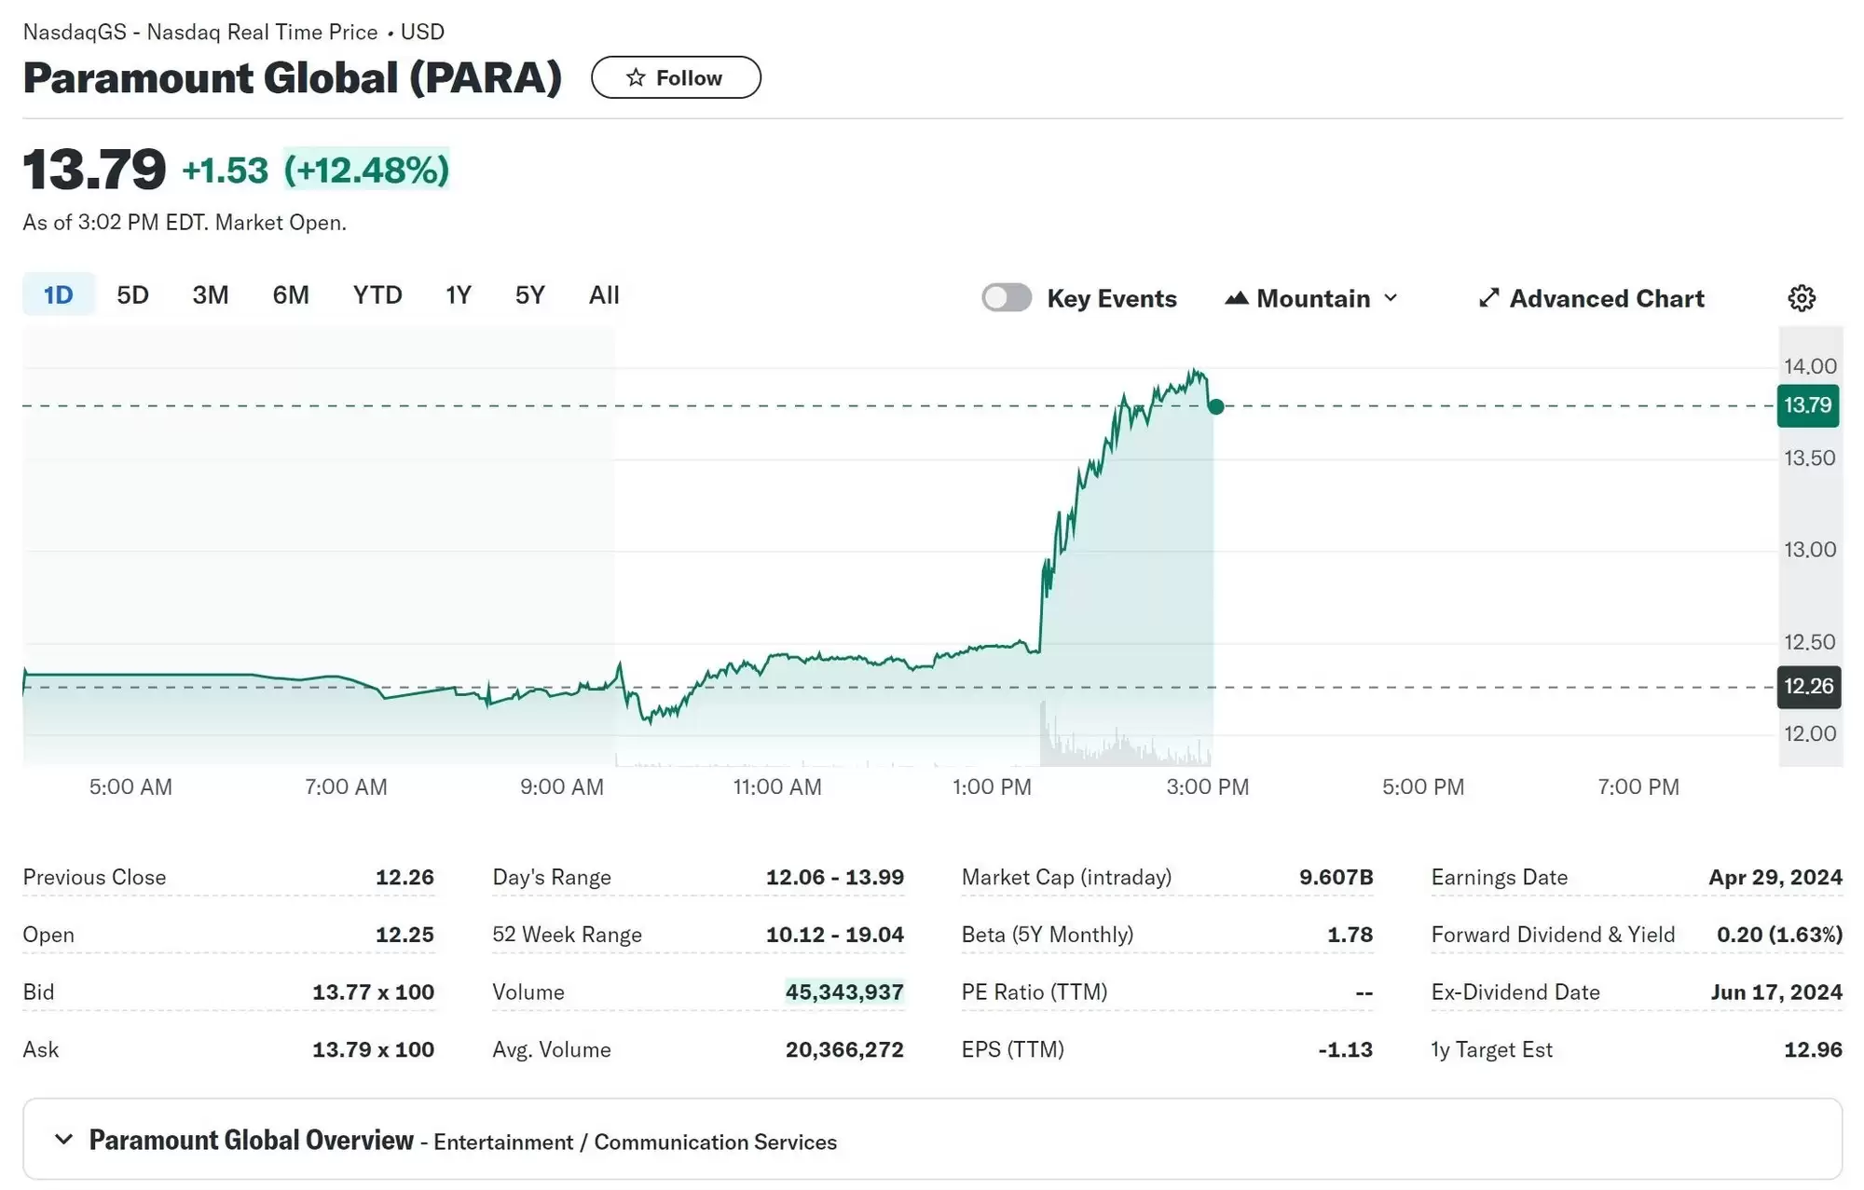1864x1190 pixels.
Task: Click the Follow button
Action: [676, 77]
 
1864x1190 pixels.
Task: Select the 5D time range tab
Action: [132, 295]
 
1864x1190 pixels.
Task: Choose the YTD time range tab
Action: [377, 295]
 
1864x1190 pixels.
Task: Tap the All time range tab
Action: [604, 295]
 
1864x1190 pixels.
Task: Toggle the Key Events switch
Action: [1007, 298]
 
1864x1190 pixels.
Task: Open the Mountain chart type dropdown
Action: [1312, 298]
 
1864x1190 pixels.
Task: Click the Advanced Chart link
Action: [1592, 298]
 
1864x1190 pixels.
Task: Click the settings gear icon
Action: [1802, 298]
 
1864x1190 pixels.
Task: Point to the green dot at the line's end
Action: [1216, 406]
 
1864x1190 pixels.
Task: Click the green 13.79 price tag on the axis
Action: [1808, 405]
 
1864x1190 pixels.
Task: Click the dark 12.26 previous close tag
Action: [1808, 687]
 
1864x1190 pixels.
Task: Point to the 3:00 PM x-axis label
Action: [1207, 787]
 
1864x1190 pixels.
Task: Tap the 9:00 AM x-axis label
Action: [561, 787]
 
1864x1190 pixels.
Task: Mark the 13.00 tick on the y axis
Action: [1810, 550]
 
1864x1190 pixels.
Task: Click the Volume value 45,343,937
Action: [844, 992]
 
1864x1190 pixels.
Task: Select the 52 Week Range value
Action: [835, 935]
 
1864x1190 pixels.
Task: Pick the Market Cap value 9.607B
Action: [1336, 877]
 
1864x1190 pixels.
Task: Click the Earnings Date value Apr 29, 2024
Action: [1775, 877]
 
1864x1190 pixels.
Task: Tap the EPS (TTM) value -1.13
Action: [1345, 1049]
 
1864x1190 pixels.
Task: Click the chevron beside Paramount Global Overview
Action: [63, 1140]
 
